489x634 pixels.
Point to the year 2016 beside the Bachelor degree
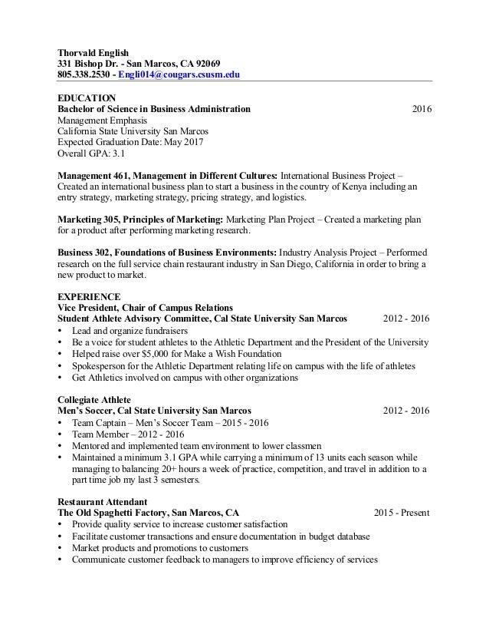[x=422, y=109]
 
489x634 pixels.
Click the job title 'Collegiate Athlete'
[x=94, y=399]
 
